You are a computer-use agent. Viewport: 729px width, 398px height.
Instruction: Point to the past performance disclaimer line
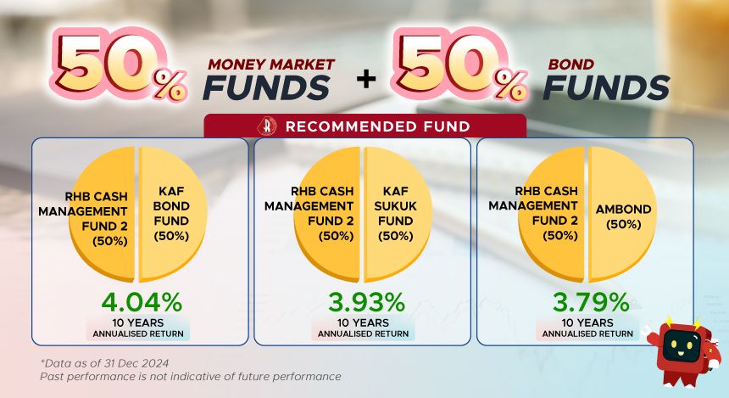[x=191, y=376]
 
